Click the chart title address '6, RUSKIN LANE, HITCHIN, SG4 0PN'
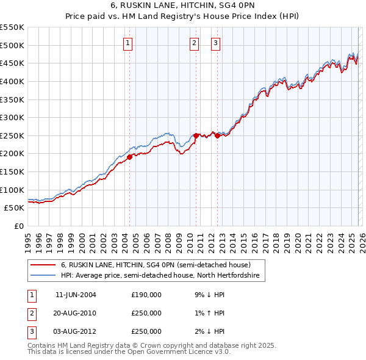pos(183,5)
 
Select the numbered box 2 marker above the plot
pos(194,43)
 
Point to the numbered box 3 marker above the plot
pos(216,43)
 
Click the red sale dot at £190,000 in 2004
pos(129,157)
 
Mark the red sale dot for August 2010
pos(196,135)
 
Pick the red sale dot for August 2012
pos(217,135)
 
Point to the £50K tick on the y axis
pos(15,208)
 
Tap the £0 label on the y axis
pos(18,226)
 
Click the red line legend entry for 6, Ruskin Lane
pos(156,265)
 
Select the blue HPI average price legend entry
pos(160,276)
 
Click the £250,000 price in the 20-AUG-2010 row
pos(146,313)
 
